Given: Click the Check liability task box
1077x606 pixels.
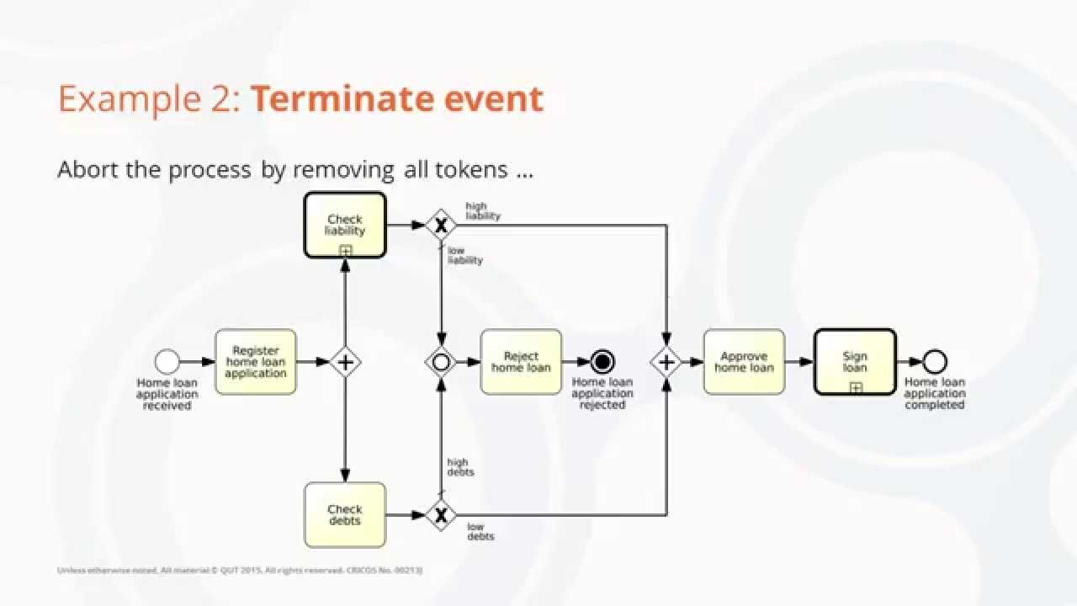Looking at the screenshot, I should (x=345, y=225).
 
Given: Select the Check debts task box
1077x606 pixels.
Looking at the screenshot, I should (x=345, y=514).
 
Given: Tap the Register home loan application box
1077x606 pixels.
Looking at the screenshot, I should (x=256, y=362).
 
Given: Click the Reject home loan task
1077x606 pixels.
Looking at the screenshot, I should (x=521, y=362).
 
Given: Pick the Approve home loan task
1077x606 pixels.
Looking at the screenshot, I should (x=744, y=362).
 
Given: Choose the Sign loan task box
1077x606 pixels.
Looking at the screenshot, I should (x=855, y=362).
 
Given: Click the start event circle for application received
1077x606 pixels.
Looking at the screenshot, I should (x=167, y=362).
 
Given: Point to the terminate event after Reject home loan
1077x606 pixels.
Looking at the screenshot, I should (x=602, y=362).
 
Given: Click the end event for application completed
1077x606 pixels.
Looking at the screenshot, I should (x=934, y=362).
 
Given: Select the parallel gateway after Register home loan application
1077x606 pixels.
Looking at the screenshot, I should (x=344, y=362).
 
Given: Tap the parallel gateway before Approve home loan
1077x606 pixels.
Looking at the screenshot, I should (x=666, y=362).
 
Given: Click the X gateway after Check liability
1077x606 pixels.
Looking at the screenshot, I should (x=440, y=225).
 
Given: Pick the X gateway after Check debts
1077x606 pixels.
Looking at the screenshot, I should (x=440, y=514).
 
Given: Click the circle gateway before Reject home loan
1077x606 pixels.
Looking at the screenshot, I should (x=440, y=362).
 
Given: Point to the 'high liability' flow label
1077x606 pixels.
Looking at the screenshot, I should (x=483, y=211).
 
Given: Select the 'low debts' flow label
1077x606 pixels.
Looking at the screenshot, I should (x=480, y=531).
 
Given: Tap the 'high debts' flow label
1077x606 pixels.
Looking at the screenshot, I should (x=460, y=467).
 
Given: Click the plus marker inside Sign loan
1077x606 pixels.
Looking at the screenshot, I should (x=856, y=387).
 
